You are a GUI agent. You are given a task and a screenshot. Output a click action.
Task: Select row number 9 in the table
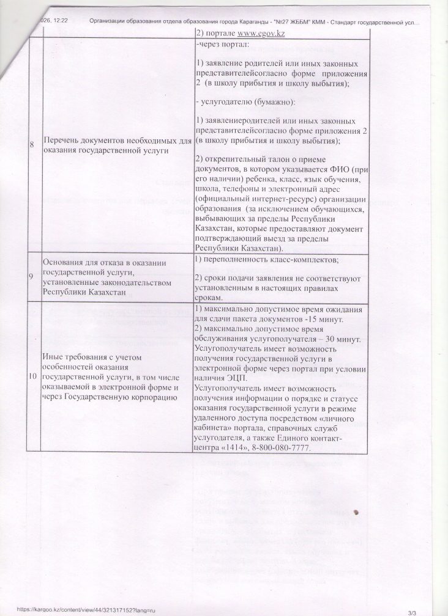[x=32, y=276]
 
